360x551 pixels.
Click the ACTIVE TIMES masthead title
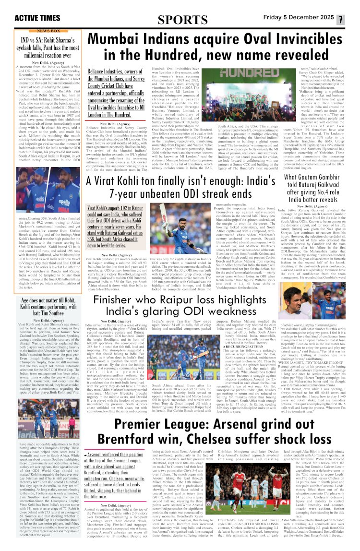click(x=37, y=18)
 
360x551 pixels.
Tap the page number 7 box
click(x=340, y=20)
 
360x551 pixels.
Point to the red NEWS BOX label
click(x=48, y=30)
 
